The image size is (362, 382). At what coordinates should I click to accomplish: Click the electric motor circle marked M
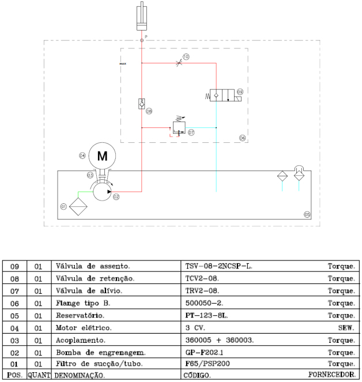102,156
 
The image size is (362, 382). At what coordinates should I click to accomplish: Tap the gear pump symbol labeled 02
102,193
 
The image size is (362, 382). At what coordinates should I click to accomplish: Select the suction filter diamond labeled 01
76,206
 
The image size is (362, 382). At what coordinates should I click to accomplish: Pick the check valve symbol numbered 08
141,103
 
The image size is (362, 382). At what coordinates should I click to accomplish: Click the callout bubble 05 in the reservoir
307,214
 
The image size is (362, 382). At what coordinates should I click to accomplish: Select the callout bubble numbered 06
242,138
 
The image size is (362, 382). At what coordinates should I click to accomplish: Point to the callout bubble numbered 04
82,156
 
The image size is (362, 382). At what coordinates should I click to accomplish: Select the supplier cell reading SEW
348,328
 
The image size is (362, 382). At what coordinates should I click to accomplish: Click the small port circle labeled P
142,40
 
